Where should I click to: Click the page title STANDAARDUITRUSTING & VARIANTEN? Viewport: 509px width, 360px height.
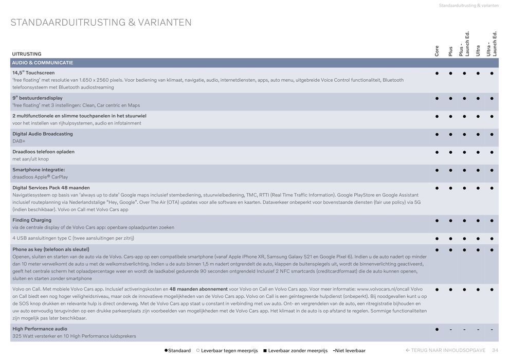tap(101, 23)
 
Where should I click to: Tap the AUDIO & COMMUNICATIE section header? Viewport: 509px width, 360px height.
tap(43, 63)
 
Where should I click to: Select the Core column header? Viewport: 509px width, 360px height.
tap(437, 50)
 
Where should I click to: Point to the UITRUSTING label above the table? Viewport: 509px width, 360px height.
tap(27, 54)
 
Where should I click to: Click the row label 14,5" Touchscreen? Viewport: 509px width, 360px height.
tap(33, 73)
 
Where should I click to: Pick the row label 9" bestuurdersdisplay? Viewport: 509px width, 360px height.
tap(38, 98)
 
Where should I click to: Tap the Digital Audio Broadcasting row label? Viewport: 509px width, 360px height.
tap(43, 134)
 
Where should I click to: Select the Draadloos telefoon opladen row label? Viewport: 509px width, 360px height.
tap(43, 152)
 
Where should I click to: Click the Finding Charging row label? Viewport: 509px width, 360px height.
tap(32, 220)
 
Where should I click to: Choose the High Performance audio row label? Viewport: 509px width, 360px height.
tap(40, 329)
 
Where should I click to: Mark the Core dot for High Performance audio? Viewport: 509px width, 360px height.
tap(437, 329)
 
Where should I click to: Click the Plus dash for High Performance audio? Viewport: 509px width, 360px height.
tap(450, 329)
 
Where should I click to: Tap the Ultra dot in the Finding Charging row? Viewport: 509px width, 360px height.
tap(478, 221)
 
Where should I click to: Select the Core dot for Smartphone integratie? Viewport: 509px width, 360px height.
tap(437, 170)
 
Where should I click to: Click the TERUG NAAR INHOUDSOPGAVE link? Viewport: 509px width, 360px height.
tap(446, 350)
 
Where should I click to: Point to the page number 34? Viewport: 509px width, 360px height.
tap(495, 350)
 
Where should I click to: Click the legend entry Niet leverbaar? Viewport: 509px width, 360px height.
tap(350, 351)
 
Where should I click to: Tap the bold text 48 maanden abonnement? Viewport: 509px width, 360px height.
tap(198, 289)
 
